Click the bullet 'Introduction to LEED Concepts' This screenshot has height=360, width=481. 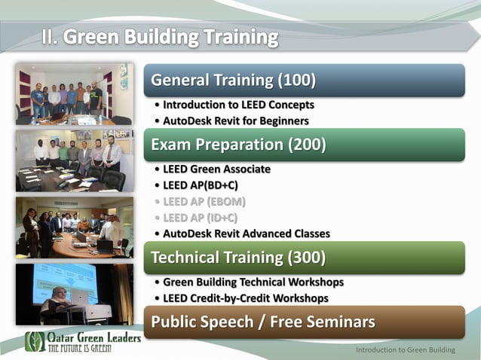[237, 105]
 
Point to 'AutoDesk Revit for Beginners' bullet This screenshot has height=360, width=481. [235, 121]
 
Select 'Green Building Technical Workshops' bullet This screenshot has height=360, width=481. [253, 282]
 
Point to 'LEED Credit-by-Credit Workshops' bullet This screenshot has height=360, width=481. [245, 298]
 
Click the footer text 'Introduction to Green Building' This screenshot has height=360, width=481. [406, 350]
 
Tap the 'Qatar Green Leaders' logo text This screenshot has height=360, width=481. [93, 338]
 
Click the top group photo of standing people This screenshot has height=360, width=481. [74, 94]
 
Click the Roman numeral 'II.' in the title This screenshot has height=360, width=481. [50, 37]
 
